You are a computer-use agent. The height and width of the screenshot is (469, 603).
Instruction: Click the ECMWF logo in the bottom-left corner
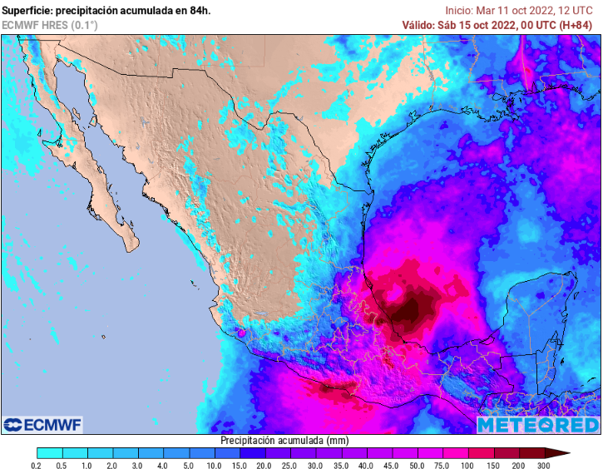point(42,424)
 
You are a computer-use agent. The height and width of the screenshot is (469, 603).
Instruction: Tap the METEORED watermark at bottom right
point(537,424)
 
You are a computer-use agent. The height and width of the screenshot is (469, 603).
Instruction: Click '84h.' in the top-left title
point(199,10)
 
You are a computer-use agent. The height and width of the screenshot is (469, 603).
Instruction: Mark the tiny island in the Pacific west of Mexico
point(103,337)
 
